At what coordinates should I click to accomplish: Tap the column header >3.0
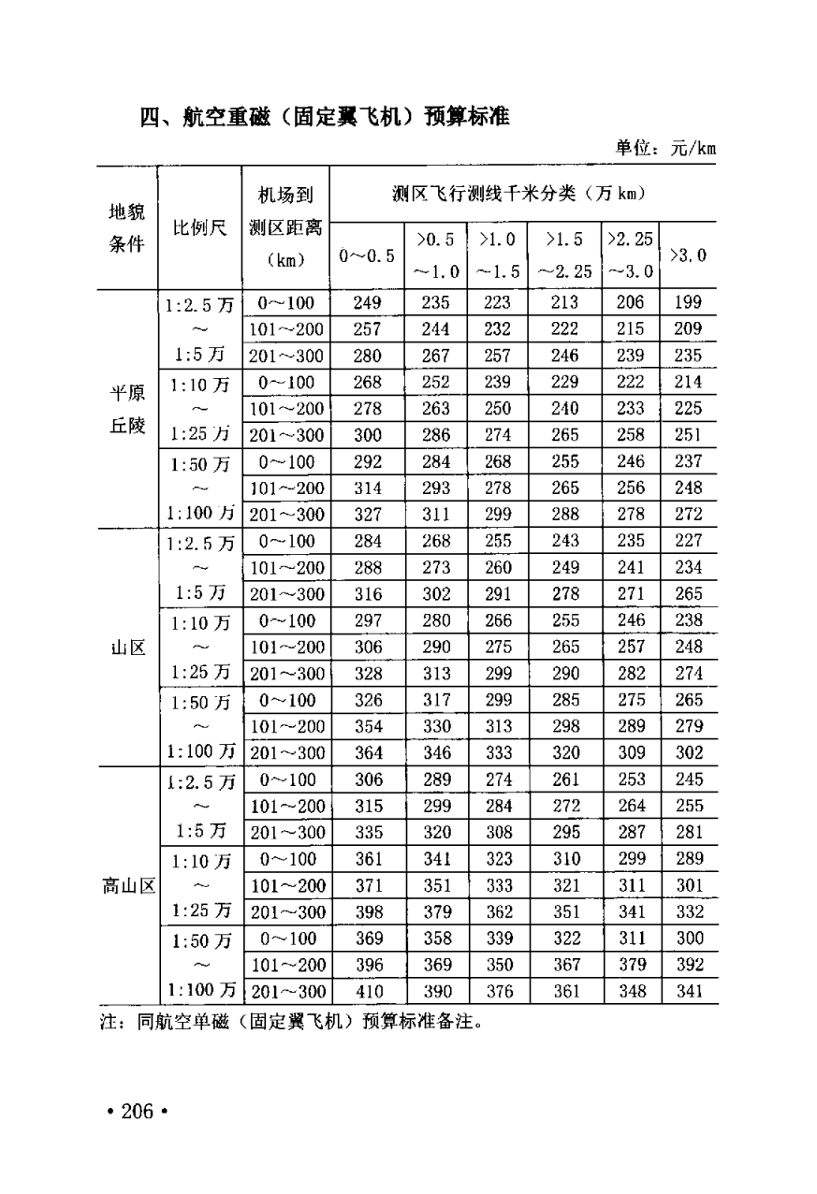coord(689,255)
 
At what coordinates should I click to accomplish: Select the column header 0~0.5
coord(367,255)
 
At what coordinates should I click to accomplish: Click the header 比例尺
coord(199,228)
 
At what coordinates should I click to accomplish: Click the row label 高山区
coord(128,885)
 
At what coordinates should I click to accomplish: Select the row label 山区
coord(126,647)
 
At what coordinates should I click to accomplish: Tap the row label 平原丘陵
coord(126,408)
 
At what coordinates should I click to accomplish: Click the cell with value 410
coord(368,991)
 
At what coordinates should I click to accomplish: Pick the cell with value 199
coord(689,302)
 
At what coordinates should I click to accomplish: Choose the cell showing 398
coord(368,911)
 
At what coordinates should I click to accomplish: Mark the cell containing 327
coord(368,514)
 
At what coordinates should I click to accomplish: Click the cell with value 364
coord(368,752)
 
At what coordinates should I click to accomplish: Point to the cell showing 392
coord(689,965)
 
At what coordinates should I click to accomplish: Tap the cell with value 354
coord(368,726)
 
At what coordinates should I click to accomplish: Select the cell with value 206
coord(632,302)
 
